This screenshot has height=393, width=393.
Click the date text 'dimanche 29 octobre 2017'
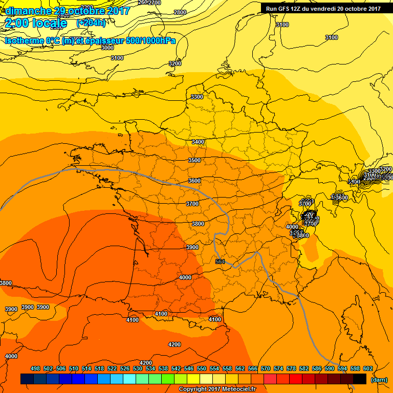click(65, 11)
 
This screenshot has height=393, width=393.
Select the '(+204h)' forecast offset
click(91, 23)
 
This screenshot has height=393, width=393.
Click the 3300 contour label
click(196, 97)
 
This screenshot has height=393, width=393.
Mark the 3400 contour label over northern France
click(198, 142)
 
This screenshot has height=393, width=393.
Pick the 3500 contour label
click(194, 161)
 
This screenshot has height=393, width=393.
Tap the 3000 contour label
click(107, 48)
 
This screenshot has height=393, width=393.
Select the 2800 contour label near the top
click(180, 12)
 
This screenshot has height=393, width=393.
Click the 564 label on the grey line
click(220, 261)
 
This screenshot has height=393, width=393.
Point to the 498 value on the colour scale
click(35, 368)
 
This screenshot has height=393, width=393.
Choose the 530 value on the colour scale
click(138, 368)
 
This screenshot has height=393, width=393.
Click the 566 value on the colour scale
click(253, 368)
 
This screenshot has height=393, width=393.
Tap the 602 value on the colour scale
click(368, 368)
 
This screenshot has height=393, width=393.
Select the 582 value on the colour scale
click(304, 368)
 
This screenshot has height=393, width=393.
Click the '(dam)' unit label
click(379, 380)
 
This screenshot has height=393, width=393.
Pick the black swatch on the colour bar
click(360, 379)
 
